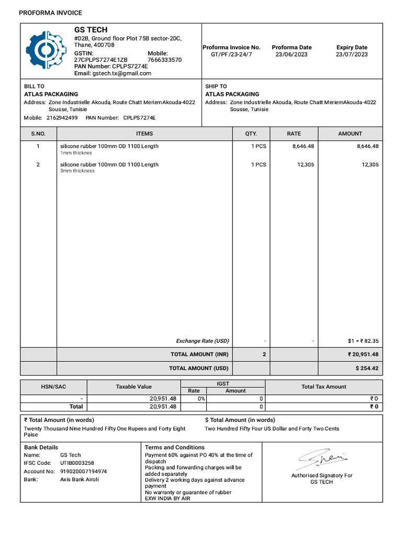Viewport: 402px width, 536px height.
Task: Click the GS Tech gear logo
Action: point(46,50)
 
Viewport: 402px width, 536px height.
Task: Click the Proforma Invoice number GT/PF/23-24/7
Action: point(231,54)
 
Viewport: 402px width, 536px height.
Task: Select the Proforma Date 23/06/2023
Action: point(292,54)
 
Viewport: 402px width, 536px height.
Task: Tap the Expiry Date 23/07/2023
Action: point(352,54)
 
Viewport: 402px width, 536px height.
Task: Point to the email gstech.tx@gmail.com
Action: point(121,74)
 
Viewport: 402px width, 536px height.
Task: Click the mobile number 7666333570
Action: point(165,60)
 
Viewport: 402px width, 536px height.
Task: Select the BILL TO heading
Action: point(35,86)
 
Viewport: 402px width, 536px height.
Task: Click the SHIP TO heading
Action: point(216,86)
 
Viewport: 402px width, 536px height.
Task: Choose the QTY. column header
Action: point(251,134)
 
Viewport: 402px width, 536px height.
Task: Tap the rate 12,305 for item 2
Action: point(304,165)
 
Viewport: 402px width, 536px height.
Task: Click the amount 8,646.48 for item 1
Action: point(367,147)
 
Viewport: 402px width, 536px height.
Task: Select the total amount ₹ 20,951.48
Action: point(363,355)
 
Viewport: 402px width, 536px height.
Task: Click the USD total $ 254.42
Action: point(367,368)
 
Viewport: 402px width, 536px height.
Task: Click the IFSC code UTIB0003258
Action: point(77,463)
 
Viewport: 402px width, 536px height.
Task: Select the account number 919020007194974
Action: point(84,472)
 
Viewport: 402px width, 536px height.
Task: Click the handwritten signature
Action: point(322,460)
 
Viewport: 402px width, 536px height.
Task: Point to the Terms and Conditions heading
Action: point(175,448)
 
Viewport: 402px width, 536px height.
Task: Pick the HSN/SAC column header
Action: point(53,387)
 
